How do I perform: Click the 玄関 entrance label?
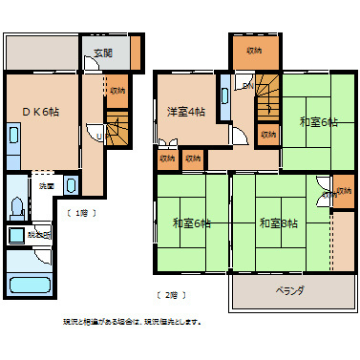(x=103, y=53)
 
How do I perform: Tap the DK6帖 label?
(x=41, y=112)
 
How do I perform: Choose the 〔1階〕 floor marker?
(x=80, y=212)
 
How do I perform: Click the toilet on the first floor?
(x=18, y=206)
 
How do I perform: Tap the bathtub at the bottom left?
(x=30, y=283)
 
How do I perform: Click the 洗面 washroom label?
(x=47, y=185)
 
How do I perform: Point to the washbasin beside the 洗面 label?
(x=73, y=183)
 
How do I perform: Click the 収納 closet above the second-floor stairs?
(x=254, y=50)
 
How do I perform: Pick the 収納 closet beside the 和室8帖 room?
(x=329, y=194)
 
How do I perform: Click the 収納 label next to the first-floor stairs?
(x=116, y=91)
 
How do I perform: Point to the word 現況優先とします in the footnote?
(x=171, y=322)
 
